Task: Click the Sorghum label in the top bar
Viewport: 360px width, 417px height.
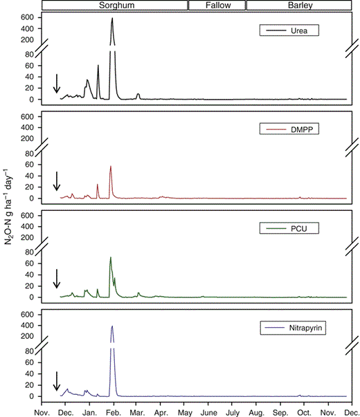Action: click(x=114, y=6)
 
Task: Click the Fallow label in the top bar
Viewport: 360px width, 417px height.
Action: click(x=217, y=6)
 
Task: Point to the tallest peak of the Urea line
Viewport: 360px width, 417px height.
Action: click(x=111, y=19)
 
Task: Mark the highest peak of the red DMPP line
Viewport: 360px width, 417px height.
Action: click(x=111, y=166)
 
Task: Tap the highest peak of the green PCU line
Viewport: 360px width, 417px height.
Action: click(x=111, y=258)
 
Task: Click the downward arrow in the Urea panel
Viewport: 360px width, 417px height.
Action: click(x=57, y=84)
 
